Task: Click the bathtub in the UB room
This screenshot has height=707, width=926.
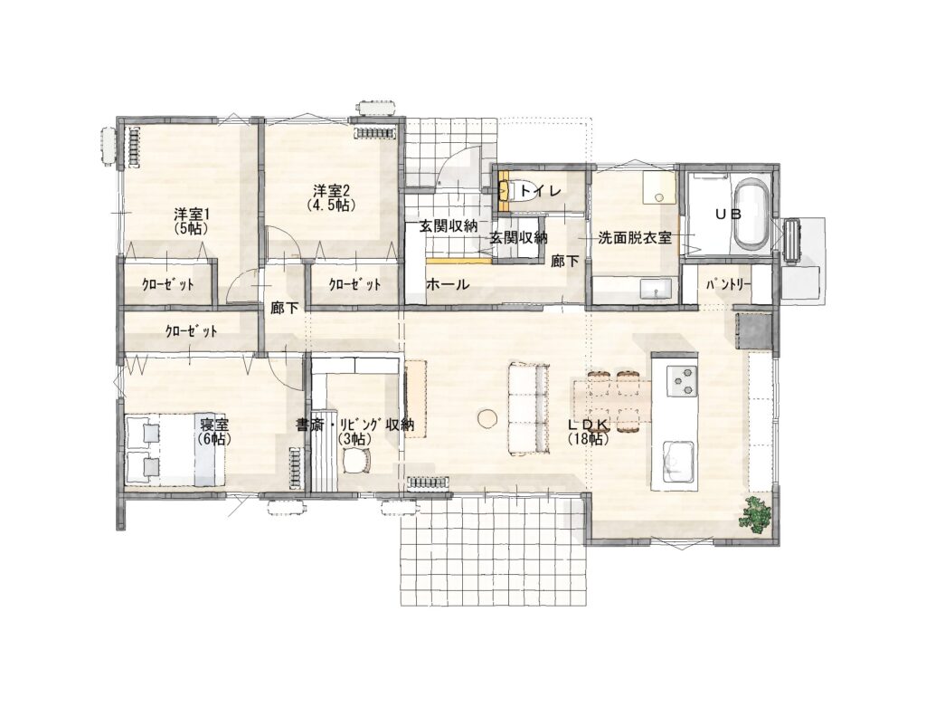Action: tap(750, 214)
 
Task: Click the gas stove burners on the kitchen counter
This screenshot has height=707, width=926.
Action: tap(682, 381)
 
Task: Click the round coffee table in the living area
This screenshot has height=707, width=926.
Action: tap(487, 419)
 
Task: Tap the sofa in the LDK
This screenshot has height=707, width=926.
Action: tap(529, 409)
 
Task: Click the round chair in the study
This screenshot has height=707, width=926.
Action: tap(356, 460)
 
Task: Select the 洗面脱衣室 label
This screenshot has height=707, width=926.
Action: tap(634, 238)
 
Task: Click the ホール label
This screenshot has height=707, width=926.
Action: tap(448, 284)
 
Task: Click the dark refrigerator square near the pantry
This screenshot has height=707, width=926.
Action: tap(753, 331)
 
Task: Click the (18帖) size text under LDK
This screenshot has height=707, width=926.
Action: tap(588, 439)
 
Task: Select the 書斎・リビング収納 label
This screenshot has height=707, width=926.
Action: tap(354, 425)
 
